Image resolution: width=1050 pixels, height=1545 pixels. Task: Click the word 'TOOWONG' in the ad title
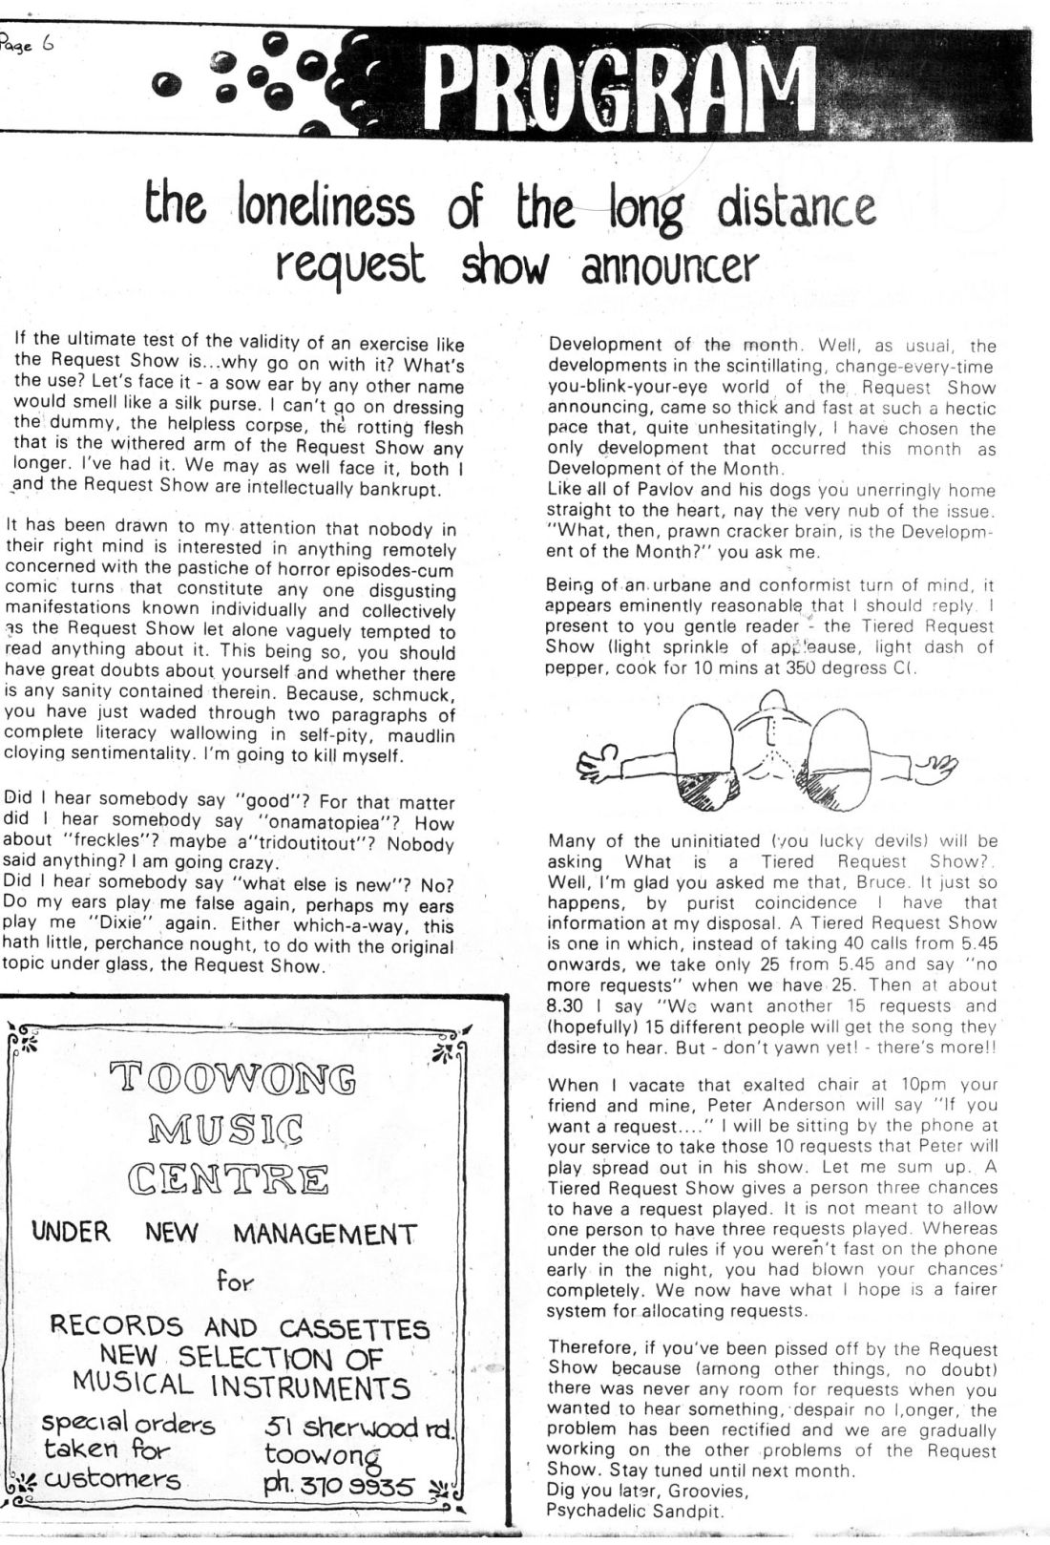tap(235, 1080)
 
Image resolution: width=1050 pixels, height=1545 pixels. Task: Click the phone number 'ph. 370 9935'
tap(339, 1488)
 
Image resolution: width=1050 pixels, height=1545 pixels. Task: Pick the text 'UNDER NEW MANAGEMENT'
tap(225, 1234)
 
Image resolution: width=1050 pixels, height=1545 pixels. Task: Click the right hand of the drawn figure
tap(936, 765)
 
